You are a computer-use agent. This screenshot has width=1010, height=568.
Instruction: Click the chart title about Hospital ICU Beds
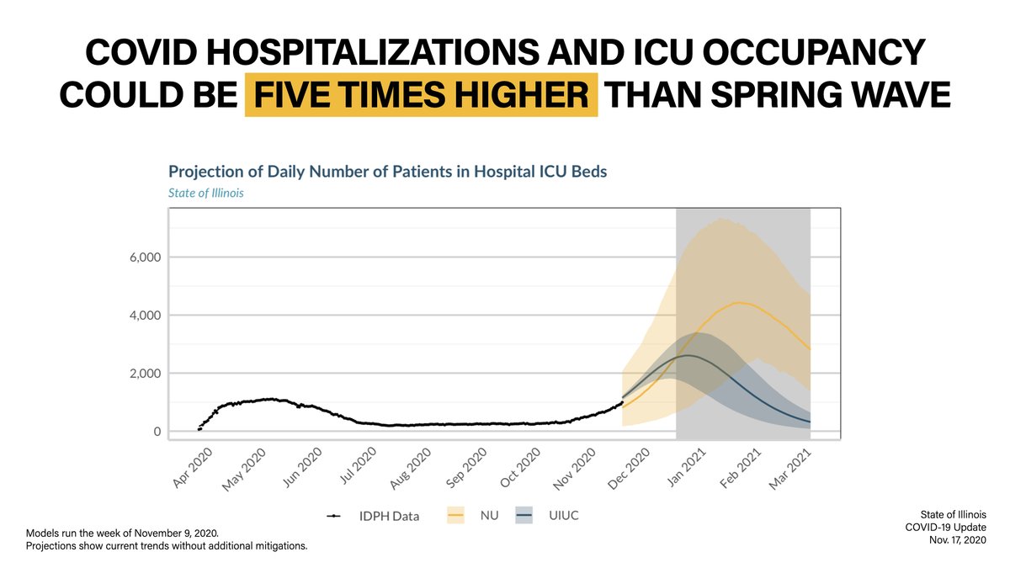(x=388, y=172)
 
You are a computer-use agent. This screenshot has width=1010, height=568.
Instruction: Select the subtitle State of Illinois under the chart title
(x=206, y=193)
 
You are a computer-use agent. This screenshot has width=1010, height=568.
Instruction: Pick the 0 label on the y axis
(x=156, y=432)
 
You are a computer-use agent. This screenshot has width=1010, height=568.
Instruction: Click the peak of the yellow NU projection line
(x=737, y=302)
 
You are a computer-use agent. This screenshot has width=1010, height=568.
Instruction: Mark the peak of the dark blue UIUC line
(x=688, y=355)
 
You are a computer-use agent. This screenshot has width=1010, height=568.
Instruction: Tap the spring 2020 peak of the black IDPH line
(x=268, y=399)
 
